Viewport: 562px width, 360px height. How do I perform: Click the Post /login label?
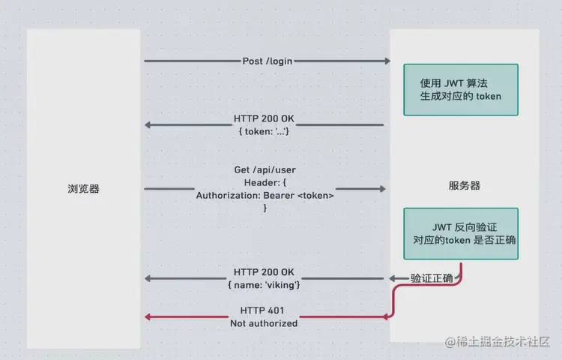pos(268,61)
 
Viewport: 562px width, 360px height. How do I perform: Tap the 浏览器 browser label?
pos(83,189)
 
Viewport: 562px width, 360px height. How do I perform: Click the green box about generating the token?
pos(460,89)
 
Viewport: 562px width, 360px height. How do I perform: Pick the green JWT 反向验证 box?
pos(460,233)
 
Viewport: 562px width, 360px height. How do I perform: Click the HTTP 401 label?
pos(263,310)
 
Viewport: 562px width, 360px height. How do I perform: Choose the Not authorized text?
pos(263,323)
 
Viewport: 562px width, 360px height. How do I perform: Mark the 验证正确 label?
pos(432,279)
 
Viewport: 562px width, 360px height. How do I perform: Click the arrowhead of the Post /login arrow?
pos(387,61)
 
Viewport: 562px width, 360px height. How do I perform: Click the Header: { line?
pos(265,182)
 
